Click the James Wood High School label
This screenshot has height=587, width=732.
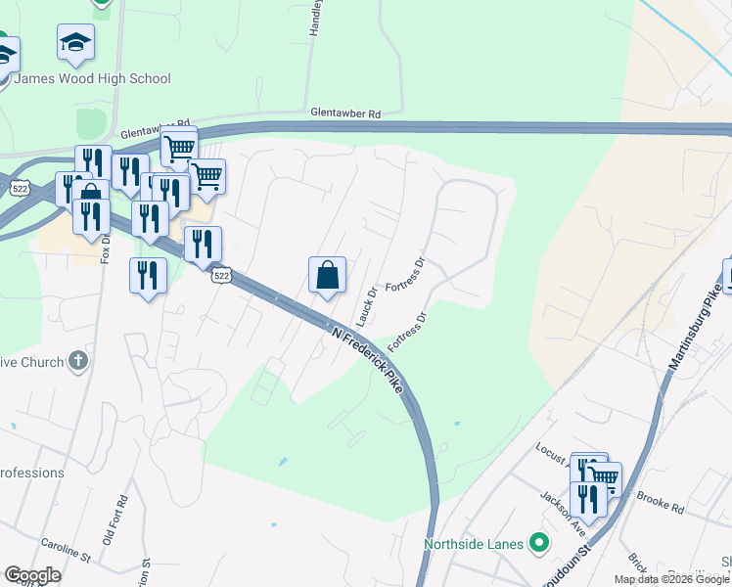[96, 78]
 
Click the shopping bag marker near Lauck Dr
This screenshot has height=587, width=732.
[328, 276]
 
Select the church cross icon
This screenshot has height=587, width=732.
[78, 361]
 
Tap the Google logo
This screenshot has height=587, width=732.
[32, 575]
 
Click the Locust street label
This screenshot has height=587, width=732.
[549, 450]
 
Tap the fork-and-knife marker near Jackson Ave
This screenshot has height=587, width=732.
[588, 500]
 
